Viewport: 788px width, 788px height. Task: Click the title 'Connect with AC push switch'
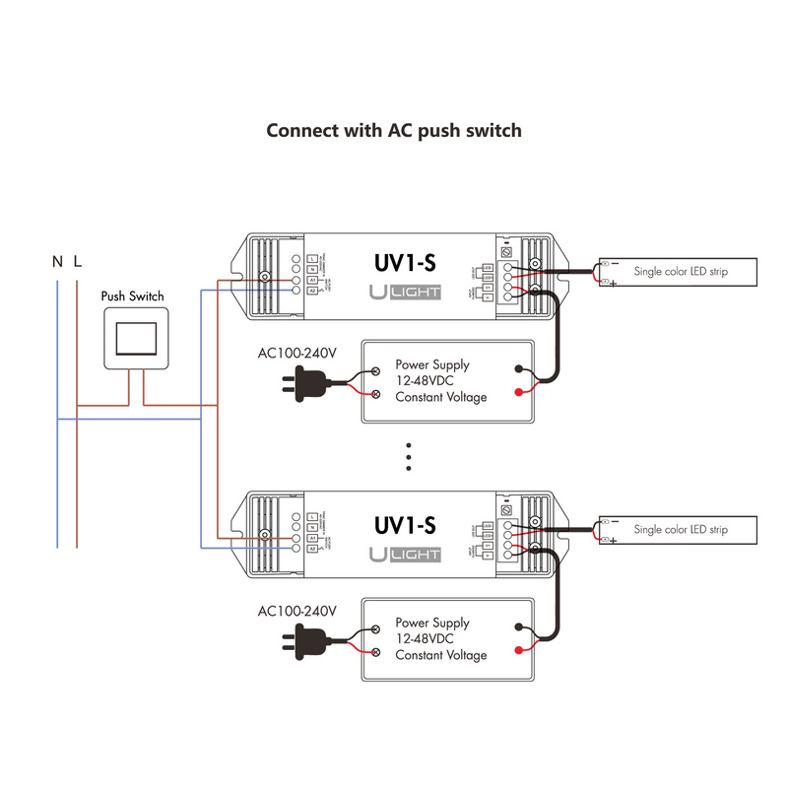(x=394, y=130)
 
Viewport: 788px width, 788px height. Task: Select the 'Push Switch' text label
(x=133, y=295)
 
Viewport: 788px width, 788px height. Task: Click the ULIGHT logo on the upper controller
(x=405, y=292)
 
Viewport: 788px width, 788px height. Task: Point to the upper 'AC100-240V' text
(x=297, y=353)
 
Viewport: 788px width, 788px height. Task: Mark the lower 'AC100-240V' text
(x=297, y=611)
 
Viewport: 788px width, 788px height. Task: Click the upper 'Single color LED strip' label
(x=681, y=271)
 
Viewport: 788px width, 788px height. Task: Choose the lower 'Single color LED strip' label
(x=681, y=529)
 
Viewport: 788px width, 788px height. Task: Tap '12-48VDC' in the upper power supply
(x=427, y=380)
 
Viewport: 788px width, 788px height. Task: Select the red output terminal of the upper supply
(x=518, y=394)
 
